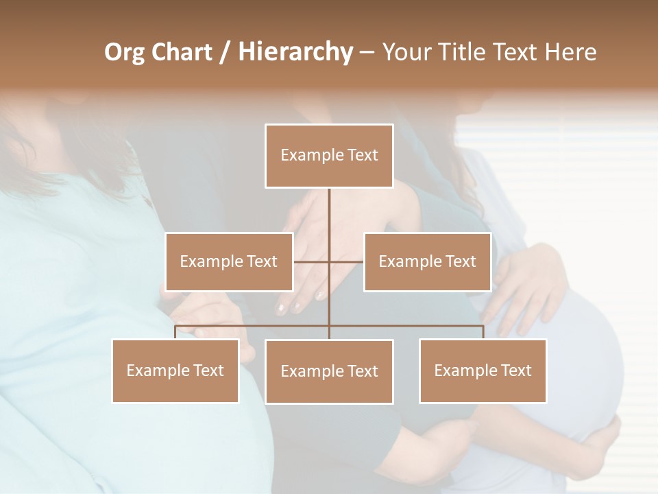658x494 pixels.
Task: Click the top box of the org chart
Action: click(x=329, y=156)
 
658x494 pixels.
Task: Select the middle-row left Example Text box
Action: click(x=229, y=261)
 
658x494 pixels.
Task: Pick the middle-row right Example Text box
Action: click(x=427, y=261)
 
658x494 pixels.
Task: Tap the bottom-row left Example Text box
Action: click(x=175, y=370)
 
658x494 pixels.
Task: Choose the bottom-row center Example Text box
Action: click(x=329, y=371)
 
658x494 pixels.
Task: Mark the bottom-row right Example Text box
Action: click(x=483, y=370)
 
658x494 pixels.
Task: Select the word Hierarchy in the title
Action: click(x=295, y=52)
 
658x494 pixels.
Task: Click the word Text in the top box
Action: click(x=363, y=155)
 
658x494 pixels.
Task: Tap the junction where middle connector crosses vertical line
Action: click(x=329, y=261)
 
